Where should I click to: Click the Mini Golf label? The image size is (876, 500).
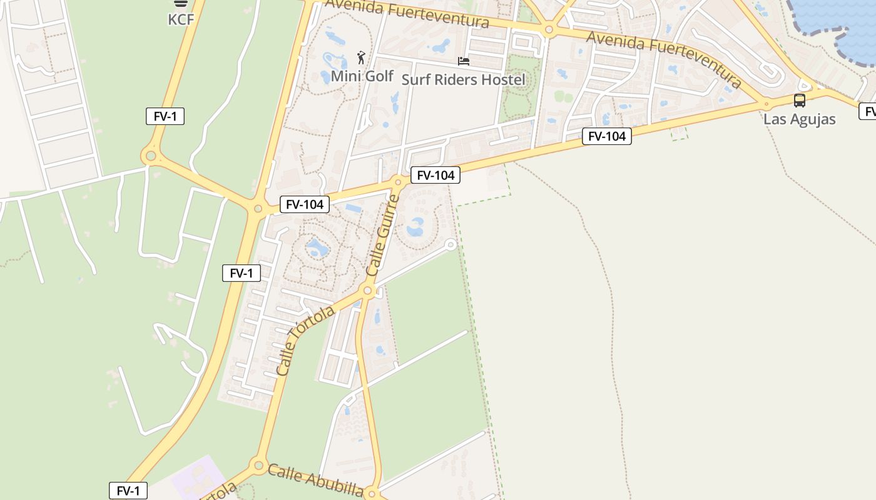coord(362,76)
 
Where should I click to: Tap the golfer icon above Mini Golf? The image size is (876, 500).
coord(361,58)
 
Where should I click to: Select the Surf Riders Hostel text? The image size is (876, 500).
coord(463,79)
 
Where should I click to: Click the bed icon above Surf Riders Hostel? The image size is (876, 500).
coord(464,61)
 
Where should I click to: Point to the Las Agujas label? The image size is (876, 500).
coord(799,119)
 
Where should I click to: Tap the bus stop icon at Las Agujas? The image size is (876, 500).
coord(799,101)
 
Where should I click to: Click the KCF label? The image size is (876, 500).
coord(181,19)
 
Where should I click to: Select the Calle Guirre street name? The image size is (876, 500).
coord(382,236)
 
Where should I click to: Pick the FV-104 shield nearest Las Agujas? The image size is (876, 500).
coord(606,136)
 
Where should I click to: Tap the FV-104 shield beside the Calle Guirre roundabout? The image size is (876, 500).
coord(435,175)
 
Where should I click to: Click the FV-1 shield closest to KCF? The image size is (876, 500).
coord(165,116)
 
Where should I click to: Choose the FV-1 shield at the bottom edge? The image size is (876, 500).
coord(128,491)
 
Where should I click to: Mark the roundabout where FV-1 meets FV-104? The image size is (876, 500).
coord(257,208)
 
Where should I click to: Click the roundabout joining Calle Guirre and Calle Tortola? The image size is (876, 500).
coord(367,291)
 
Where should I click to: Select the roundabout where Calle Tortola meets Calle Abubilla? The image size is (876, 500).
coord(258,465)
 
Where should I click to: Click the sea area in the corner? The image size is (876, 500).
coord(845,25)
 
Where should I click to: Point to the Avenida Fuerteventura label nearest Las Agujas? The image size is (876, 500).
coord(663,59)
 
